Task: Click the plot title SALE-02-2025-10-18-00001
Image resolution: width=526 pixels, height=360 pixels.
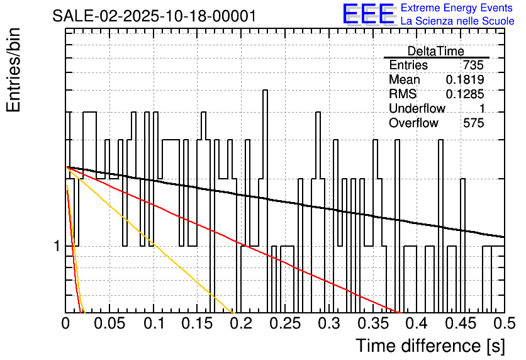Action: point(154,16)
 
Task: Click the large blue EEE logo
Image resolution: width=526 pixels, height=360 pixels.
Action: point(368,14)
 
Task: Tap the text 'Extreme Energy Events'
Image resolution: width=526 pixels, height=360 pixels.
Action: point(457,8)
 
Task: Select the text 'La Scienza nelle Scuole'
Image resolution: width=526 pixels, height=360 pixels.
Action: point(457,21)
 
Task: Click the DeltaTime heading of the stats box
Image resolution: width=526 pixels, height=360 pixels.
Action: point(435,51)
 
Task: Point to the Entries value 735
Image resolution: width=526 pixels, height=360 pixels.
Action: point(473,65)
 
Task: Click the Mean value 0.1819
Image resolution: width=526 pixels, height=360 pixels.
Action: point(464,80)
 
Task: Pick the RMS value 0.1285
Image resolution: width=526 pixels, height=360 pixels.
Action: point(464,94)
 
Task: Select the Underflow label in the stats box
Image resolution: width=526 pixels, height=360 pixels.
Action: point(417,109)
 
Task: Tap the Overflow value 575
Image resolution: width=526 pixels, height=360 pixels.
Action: point(473,123)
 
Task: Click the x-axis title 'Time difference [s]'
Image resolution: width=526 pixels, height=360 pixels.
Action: point(430,346)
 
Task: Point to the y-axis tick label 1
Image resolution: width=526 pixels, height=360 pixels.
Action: point(57,246)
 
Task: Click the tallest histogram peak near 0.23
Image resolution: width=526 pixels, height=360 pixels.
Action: point(264,91)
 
